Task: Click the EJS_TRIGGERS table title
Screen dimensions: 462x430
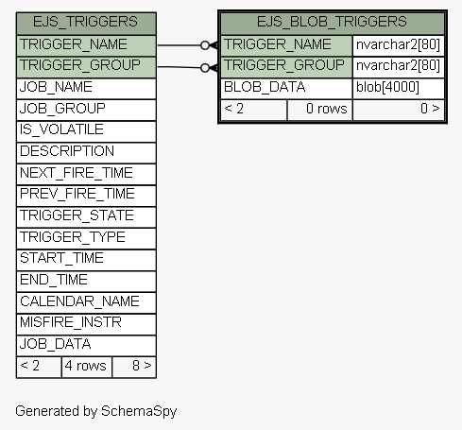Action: click(x=85, y=22)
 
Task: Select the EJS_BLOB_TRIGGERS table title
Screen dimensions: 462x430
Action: click(x=332, y=22)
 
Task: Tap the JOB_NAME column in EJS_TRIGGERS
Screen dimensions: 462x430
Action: click(x=86, y=89)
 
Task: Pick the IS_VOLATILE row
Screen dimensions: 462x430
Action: click(x=86, y=131)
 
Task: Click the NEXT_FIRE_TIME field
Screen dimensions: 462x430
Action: click(x=86, y=174)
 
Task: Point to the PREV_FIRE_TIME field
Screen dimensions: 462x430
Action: click(x=86, y=196)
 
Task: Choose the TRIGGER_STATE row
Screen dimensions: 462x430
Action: click(x=86, y=217)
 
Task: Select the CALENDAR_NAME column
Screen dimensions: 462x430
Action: click(x=86, y=302)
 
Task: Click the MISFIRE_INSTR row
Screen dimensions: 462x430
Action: click(x=86, y=324)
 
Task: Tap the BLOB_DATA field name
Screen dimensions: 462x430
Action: click(x=265, y=87)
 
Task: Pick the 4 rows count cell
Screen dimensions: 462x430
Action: click(x=87, y=367)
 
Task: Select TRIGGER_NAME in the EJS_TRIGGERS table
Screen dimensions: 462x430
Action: click(x=86, y=45)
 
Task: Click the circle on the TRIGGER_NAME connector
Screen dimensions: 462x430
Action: click(x=205, y=45)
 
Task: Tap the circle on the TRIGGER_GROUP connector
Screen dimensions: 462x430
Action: click(x=205, y=68)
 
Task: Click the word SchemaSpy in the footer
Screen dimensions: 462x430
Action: click(x=139, y=411)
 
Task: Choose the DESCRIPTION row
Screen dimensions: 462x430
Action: click(x=86, y=153)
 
